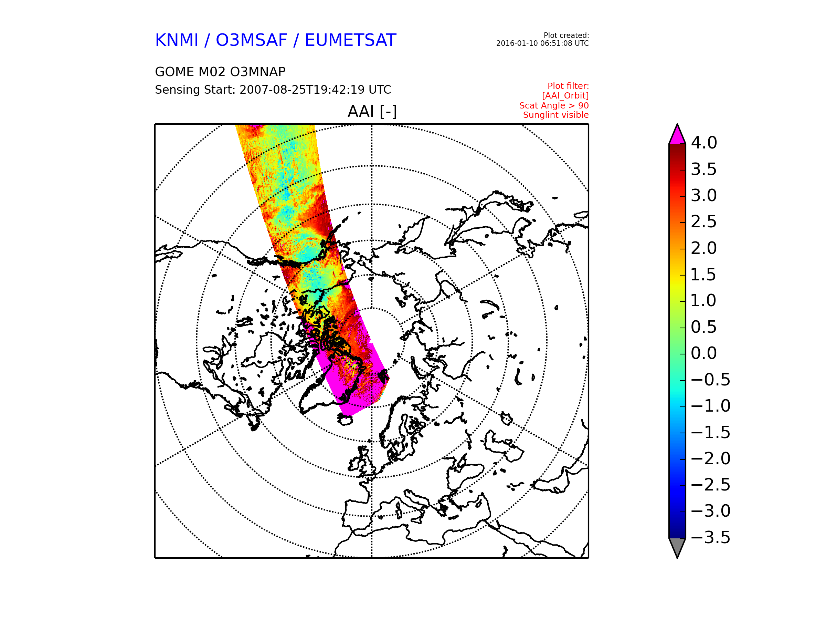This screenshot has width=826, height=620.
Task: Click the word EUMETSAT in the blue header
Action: click(x=350, y=40)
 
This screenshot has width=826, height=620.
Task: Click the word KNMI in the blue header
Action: click(x=177, y=40)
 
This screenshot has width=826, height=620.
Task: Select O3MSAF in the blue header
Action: click(x=251, y=40)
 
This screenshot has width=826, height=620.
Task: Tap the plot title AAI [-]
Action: click(x=372, y=111)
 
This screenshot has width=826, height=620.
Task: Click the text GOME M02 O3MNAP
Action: click(x=220, y=72)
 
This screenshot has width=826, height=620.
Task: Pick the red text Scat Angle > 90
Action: click(x=554, y=106)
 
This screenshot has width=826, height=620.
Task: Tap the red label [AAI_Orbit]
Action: click(x=565, y=96)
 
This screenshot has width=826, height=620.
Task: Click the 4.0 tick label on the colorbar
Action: click(x=704, y=143)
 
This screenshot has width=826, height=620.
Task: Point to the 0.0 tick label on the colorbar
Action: click(x=704, y=353)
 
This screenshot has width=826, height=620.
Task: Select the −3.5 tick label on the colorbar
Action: click(x=711, y=537)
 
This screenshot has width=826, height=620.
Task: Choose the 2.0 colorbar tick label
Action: click(x=704, y=248)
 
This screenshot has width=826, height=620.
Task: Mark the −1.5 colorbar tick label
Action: click(x=711, y=432)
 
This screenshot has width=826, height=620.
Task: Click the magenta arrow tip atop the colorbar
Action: click(x=677, y=124)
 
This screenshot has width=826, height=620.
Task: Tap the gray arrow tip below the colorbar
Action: click(x=677, y=558)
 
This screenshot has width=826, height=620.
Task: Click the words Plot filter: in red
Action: click(x=568, y=86)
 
